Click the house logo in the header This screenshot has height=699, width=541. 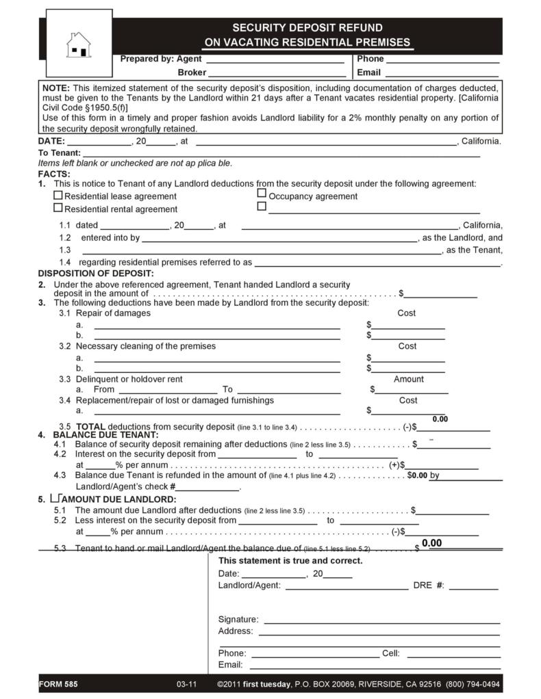(x=79, y=45)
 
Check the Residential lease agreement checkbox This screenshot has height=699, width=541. (x=58, y=195)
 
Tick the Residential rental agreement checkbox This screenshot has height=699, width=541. (x=58, y=208)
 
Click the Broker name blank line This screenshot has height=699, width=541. (x=277, y=73)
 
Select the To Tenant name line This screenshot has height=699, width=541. (x=281, y=153)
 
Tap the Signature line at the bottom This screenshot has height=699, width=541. (x=381, y=619)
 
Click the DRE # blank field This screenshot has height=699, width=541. (x=473, y=585)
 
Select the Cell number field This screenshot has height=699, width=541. (x=453, y=654)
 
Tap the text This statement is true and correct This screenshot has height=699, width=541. (x=290, y=561)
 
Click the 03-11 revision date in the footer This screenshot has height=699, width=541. (x=186, y=684)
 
